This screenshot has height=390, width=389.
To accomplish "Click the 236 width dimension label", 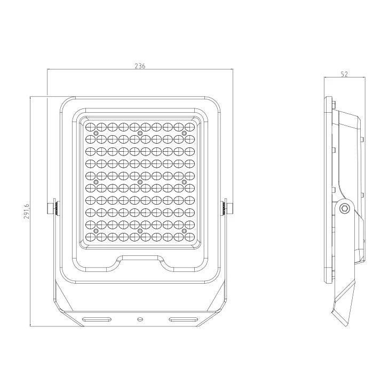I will tap(139, 66).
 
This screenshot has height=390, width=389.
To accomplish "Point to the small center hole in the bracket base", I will tap(139, 319).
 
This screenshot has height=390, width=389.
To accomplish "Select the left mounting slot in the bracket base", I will tap(98, 319).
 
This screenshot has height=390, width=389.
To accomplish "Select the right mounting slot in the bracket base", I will tap(182, 319).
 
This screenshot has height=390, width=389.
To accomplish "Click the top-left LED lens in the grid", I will tap(90, 127).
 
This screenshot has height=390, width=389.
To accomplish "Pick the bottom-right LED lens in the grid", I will tap(189, 235).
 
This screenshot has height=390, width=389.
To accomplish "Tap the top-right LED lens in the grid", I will tap(189, 127).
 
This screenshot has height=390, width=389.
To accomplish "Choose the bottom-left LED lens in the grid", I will tap(90, 235).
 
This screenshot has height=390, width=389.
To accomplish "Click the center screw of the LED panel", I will tap(140, 182).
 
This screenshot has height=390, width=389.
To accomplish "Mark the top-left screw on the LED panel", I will tap(96, 132).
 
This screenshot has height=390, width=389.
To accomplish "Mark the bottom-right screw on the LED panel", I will tap(184, 230).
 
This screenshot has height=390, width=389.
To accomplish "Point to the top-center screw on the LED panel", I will tap(140, 132).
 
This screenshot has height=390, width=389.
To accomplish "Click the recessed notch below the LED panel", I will tap(139, 260).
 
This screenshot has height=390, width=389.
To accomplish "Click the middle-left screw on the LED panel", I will tap(96, 182).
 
